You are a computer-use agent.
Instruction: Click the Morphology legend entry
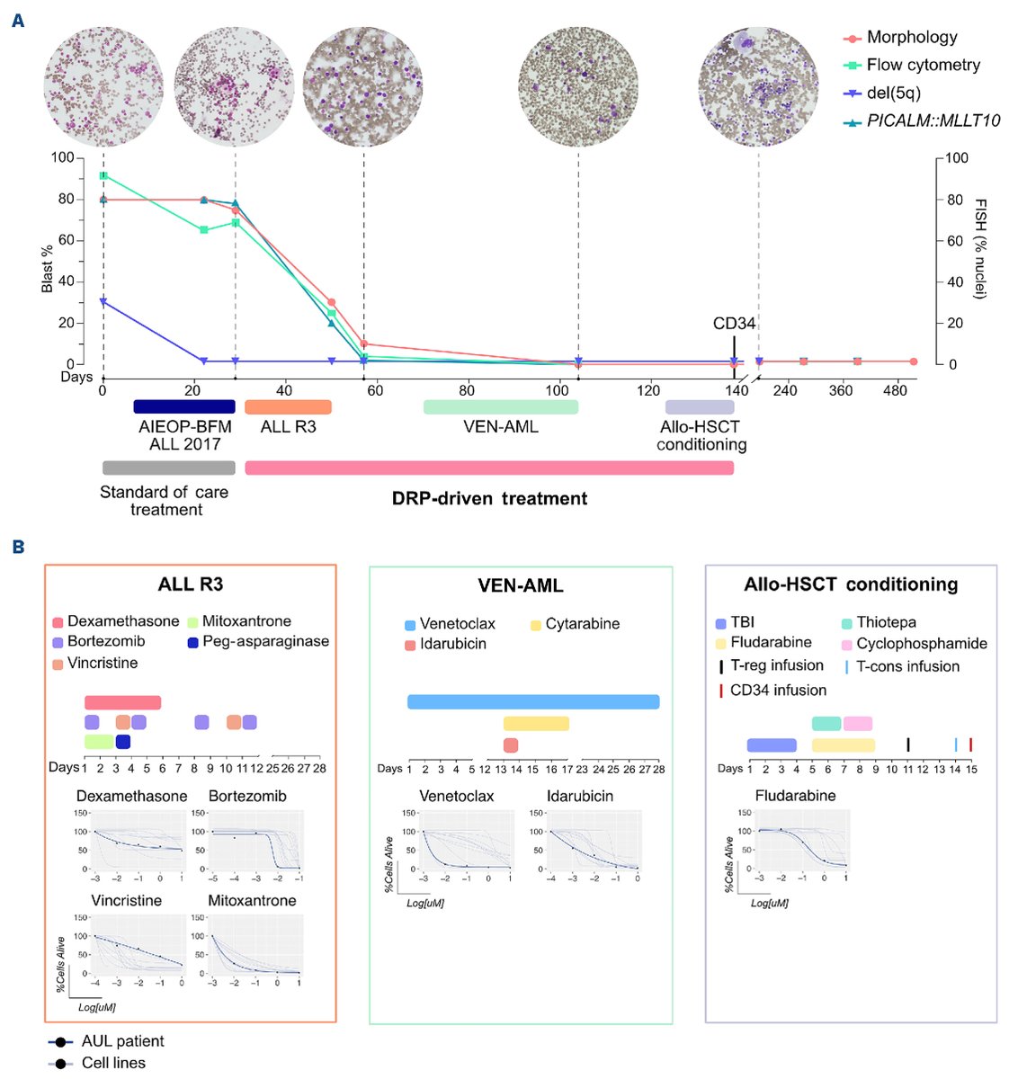(x=911, y=38)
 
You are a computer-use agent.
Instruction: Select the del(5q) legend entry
(x=893, y=93)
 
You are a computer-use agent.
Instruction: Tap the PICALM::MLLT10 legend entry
(x=933, y=120)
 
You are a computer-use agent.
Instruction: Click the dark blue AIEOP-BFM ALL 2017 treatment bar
(x=184, y=406)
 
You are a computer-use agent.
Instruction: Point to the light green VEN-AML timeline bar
(x=501, y=407)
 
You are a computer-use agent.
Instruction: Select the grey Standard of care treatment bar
(x=168, y=468)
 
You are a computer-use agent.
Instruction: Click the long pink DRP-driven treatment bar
(x=489, y=468)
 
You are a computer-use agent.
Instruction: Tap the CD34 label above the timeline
(x=734, y=324)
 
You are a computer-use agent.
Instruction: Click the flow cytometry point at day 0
(x=103, y=175)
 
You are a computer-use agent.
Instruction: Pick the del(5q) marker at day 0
(x=103, y=302)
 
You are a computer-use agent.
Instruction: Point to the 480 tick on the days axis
(x=895, y=391)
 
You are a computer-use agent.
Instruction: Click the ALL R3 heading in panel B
(x=190, y=584)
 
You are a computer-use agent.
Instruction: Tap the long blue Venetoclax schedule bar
(x=533, y=701)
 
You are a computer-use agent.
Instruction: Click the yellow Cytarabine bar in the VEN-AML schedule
(x=536, y=724)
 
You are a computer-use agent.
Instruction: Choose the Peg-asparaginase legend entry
(x=265, y=642)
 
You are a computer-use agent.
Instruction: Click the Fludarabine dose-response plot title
(x=795, y=796)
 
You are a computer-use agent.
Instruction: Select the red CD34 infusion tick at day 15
(x=971, y=745)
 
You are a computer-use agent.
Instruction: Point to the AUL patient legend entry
(x=122, y=1041)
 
